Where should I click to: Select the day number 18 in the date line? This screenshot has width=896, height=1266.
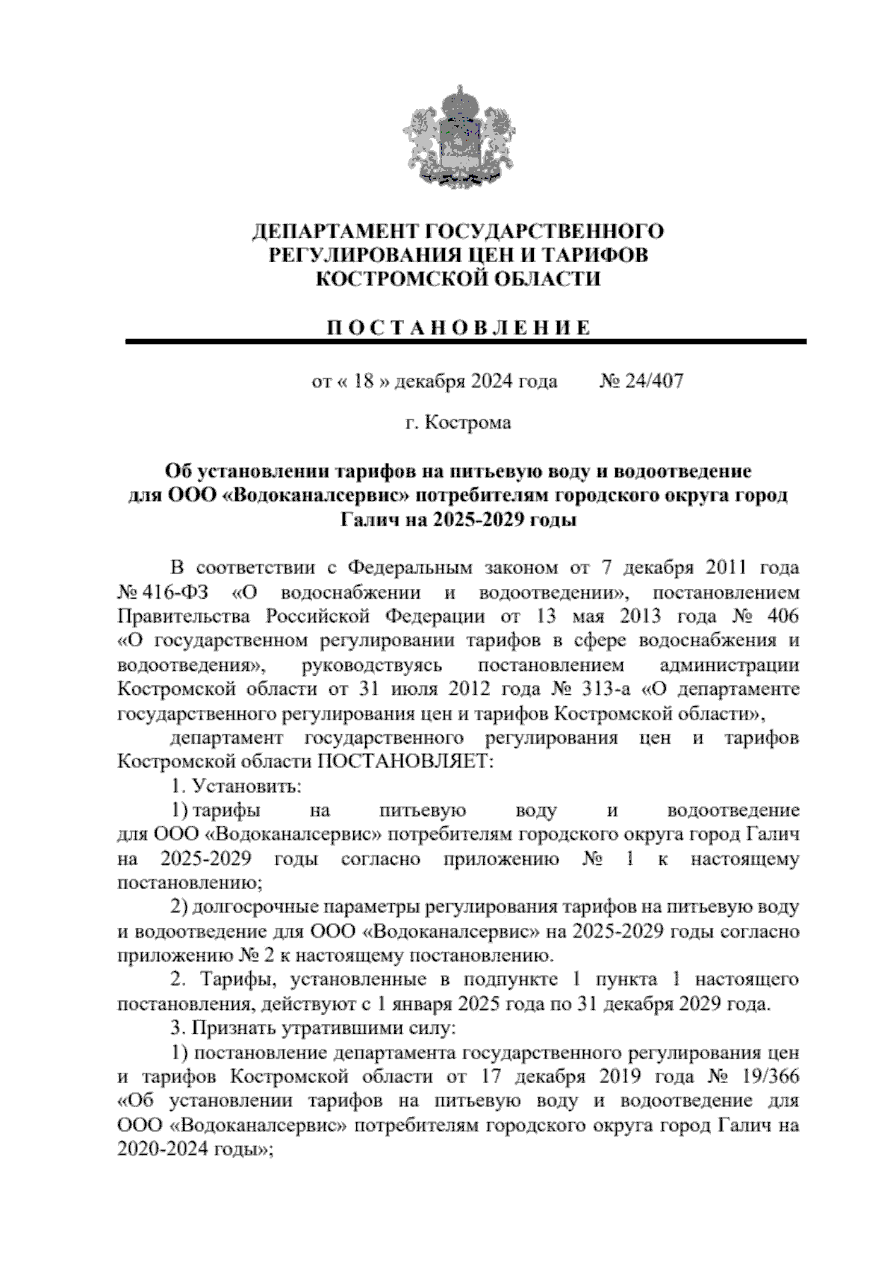(x=364, y=381)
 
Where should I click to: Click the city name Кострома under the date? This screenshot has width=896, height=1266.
(x=468, y=423)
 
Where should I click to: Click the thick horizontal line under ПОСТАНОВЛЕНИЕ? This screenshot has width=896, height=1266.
(x=465, y=341)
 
